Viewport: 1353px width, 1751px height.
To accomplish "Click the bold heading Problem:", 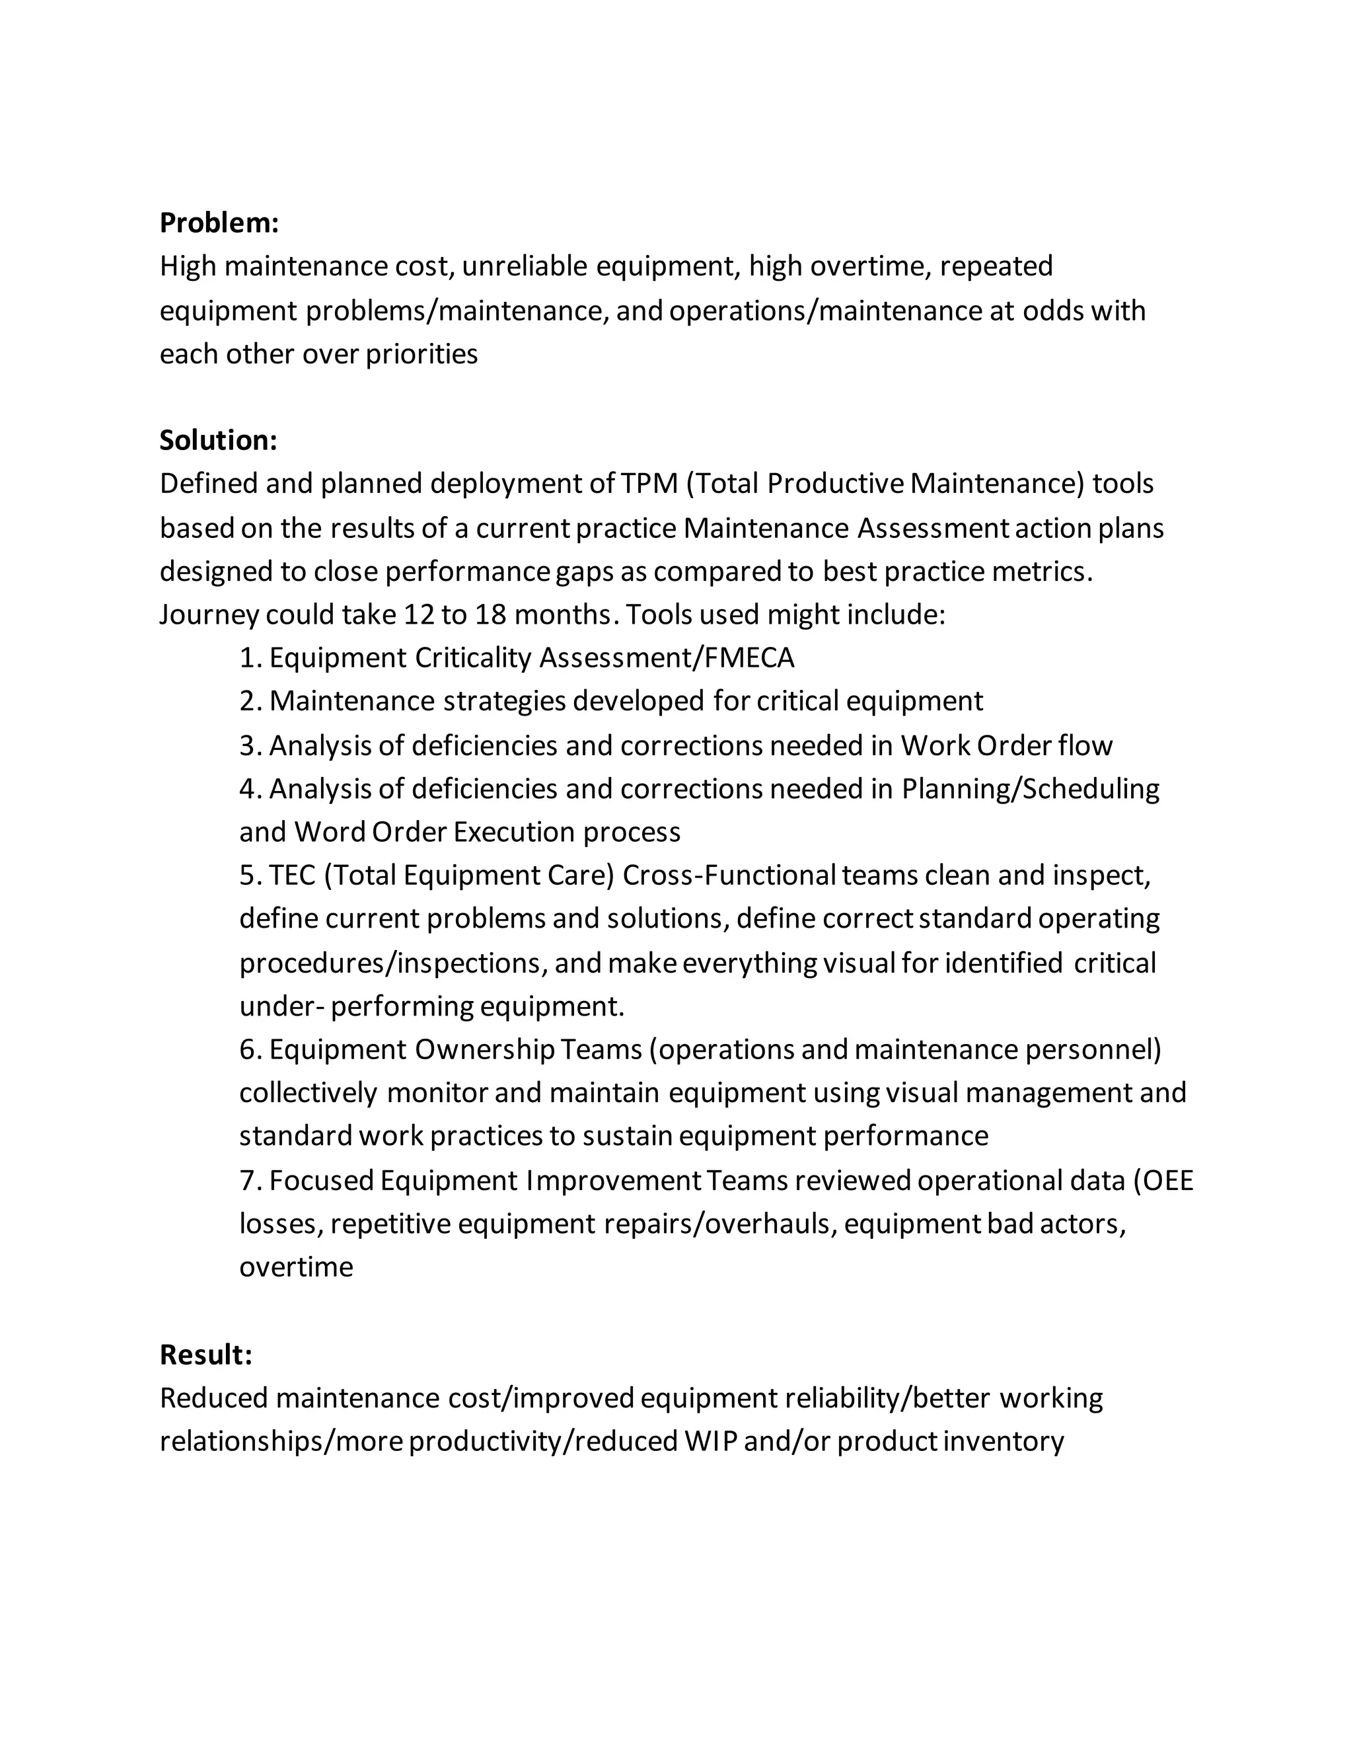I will point(219,223).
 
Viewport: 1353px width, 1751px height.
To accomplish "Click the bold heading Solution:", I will point(218,440).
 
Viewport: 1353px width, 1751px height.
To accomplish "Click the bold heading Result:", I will point(206,1354).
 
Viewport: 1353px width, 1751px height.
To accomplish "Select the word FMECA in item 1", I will point(749,657).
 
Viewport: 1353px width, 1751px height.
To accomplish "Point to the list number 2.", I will point(248,702).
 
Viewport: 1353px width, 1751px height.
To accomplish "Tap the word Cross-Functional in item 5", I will point(729,875).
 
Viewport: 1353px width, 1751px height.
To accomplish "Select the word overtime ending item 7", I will point(296,1267).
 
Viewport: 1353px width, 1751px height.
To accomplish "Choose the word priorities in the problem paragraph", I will point(421,354).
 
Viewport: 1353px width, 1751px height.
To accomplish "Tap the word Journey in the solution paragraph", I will point(208,615).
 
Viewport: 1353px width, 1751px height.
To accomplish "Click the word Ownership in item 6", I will point(484,1049).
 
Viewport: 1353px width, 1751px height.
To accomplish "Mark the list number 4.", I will point(248,789).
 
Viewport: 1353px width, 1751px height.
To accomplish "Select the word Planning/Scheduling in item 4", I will point(1030,789).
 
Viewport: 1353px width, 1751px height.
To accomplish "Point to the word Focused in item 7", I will point(320,1180).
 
